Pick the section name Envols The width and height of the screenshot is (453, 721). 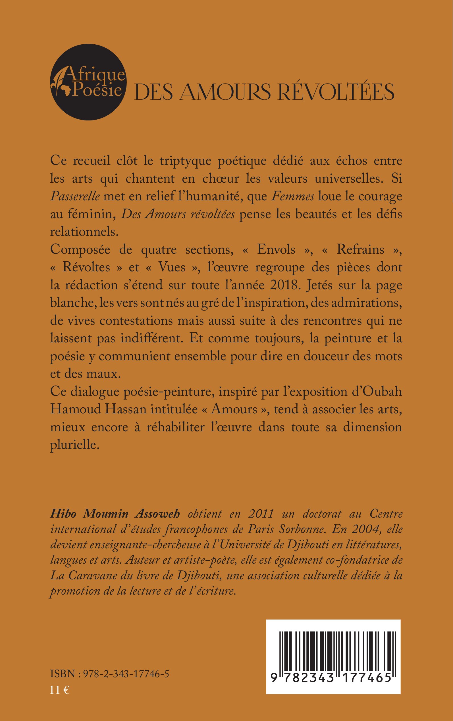(276, 249)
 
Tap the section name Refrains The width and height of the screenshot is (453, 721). (360, 249)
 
